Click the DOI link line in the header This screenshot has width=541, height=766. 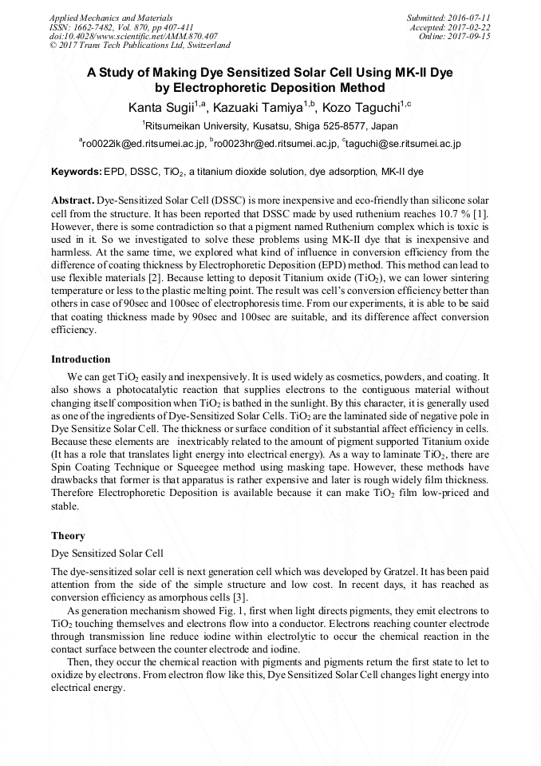(x=133, y=36)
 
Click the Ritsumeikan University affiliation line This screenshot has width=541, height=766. (x=270, y=126)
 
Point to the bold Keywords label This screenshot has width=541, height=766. (x=77, y=172)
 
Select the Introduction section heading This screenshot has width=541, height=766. (x=81, y=359)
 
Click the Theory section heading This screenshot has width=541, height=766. (x=68, y=535)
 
